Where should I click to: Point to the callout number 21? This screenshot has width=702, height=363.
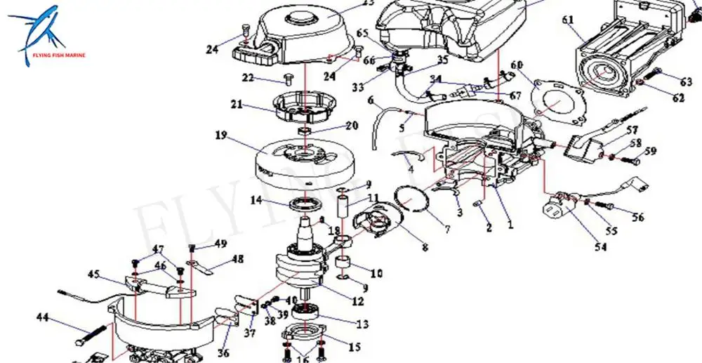click(237, 105)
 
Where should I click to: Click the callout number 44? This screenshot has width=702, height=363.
click(43, 317)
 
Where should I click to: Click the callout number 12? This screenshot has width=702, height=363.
click(358, 302)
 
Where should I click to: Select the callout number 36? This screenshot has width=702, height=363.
click(223, 353)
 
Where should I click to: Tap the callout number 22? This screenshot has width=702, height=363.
click(248, 77)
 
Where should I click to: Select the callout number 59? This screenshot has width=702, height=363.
click(651, 151)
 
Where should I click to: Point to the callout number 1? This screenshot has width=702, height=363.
click(510, 225)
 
